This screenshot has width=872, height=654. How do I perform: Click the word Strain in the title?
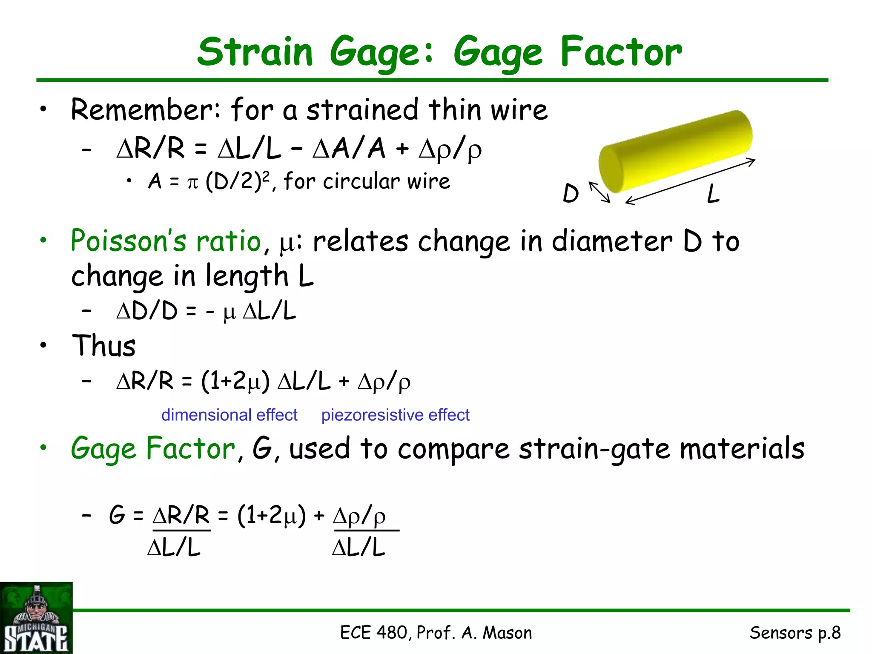coord(255,52)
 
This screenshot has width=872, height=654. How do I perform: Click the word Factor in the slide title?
coord(621,52)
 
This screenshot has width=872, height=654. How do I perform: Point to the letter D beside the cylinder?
coord(571,194)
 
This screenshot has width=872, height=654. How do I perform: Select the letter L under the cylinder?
coord(713,194)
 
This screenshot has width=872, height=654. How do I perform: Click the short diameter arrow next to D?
coord(599,192)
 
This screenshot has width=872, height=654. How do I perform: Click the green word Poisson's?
coord(128,241)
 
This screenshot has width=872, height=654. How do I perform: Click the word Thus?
coord(104,345)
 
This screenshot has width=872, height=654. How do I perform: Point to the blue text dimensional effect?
coord(229,415)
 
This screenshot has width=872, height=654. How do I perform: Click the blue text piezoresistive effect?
coord(395,415)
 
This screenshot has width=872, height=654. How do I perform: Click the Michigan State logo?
coord(36,618)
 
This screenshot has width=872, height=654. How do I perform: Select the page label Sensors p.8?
coord(795,633)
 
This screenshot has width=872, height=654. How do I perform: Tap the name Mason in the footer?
coord(507,633)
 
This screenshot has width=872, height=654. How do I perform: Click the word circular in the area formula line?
coord(362,182)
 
